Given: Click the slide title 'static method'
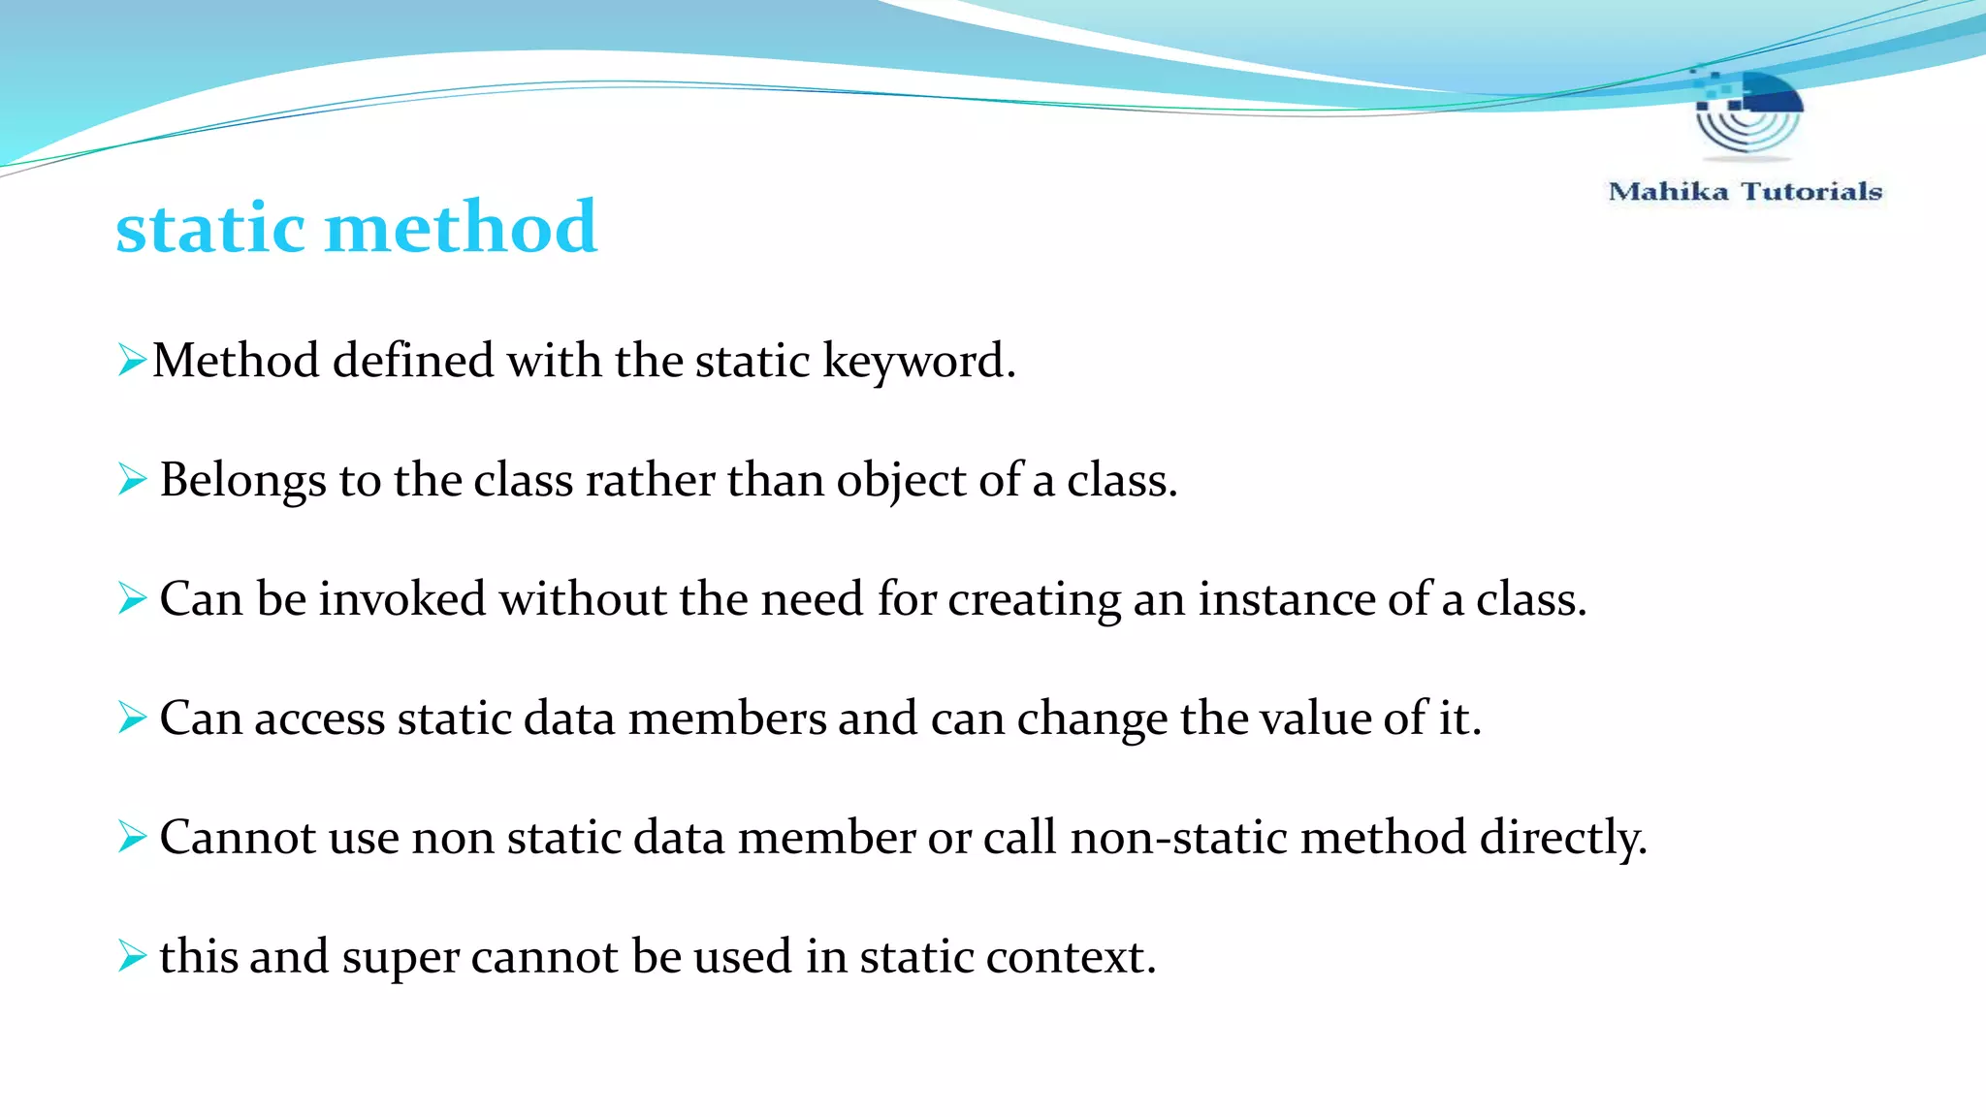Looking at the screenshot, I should (356, 228).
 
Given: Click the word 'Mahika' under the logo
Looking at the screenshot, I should (1668, 191).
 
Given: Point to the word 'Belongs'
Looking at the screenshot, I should (242, 480).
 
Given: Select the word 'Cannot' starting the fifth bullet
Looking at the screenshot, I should (238, 837).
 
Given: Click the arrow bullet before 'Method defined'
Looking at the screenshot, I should (131, 360).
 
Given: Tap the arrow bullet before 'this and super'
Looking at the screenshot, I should (132, 956).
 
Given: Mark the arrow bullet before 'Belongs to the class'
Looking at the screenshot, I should (132, 479).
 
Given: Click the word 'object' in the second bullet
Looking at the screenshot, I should (901, 481).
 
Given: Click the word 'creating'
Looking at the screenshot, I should (1034, 600).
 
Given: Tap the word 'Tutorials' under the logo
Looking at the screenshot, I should (1811, 191).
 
